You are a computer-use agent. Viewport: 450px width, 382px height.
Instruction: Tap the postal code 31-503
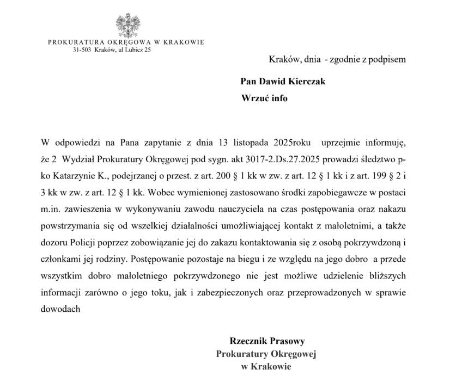click(x=82, y=50)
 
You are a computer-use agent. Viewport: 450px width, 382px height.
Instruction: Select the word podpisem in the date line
click(x=390, y=59)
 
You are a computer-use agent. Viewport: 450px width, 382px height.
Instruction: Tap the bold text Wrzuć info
click(x=264, y=98)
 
